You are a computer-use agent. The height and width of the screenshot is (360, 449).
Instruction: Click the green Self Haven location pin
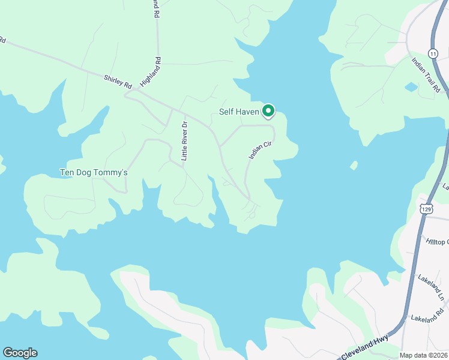tap(268, 111)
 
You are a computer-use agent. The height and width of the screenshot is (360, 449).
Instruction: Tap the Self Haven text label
tap(238, 112)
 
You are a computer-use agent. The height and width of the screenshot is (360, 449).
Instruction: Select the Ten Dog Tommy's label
tap(94, 173)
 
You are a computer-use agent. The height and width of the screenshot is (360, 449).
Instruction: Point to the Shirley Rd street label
tap(117, 82)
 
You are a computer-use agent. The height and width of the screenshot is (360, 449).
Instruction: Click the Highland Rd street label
tap(151, 71)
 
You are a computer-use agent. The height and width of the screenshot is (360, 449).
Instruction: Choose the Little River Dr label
tap(185, 140)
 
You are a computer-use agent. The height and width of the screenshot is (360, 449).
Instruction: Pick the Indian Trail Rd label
tap(426, 75)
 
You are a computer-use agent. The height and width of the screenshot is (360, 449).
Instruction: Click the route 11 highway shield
tap(433, 53)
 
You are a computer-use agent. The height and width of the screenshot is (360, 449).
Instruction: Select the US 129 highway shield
tap(426, 209)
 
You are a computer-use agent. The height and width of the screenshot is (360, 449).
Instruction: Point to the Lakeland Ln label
tap(432, 289)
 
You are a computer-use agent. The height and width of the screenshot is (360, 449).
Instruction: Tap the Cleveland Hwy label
tap(365, 347)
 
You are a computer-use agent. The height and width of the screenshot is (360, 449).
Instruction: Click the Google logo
tap(20, 353)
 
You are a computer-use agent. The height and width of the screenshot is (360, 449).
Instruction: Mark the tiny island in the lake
tap(354, 165)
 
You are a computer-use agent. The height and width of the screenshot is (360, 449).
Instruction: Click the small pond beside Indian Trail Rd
tap(411, 87)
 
